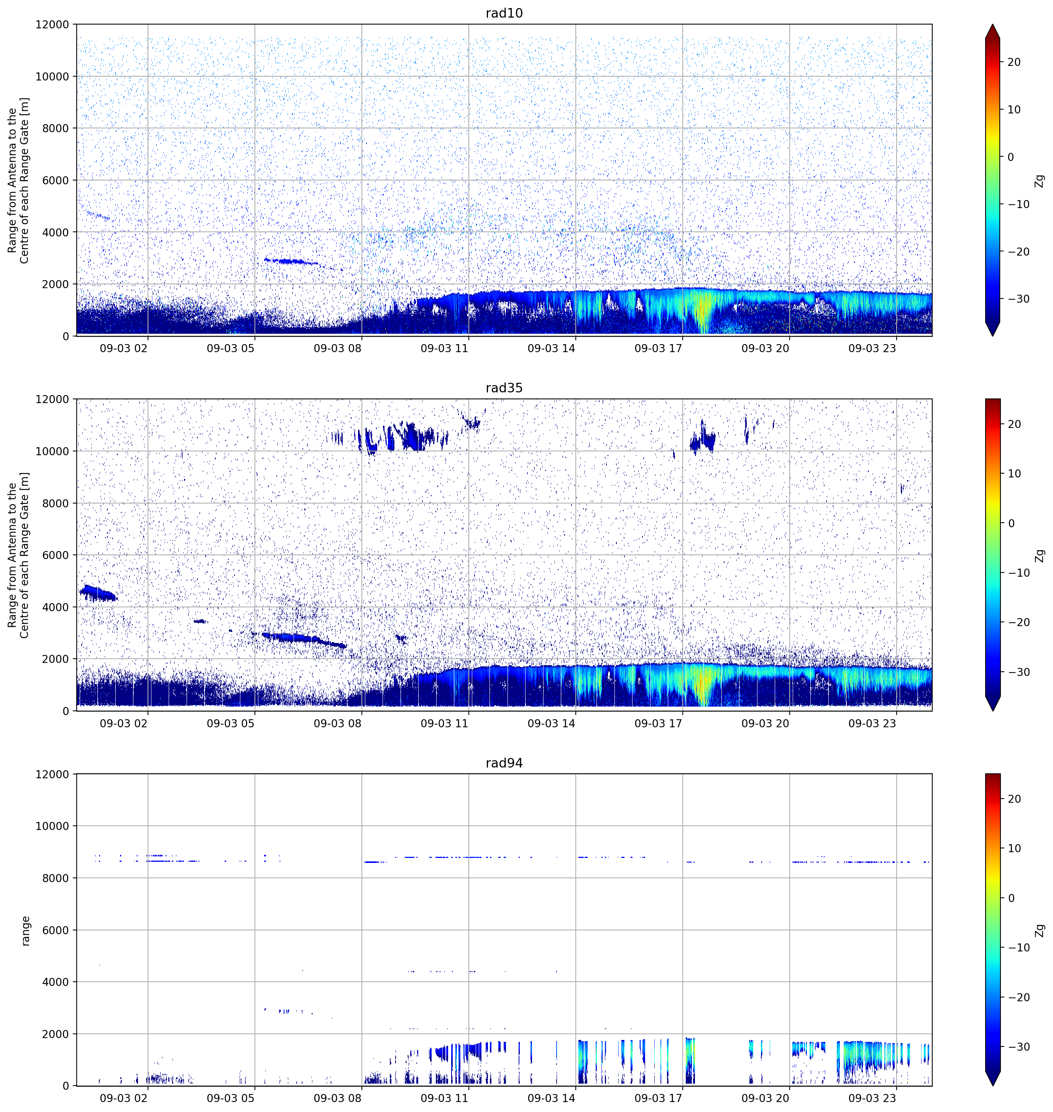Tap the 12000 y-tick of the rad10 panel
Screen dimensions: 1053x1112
pyautogui.click(x=52, y=25)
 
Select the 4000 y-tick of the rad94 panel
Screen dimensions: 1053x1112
pyautogui.click(x=56, y=982)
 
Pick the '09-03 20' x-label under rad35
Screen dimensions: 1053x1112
pyautogui.click(x=765, y=723)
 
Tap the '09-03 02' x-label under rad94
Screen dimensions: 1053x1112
pyautogui.click(x=123, y=1098)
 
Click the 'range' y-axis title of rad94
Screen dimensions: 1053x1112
pyautogui.click(x=25, y=931)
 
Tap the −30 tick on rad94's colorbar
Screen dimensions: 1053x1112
pyautogui.click(x=1018, y=1046)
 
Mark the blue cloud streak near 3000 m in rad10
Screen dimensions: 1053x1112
pyautogui.click(x=291, y=261)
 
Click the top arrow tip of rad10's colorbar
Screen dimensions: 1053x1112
pyautogui.click(x=992, y=25)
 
